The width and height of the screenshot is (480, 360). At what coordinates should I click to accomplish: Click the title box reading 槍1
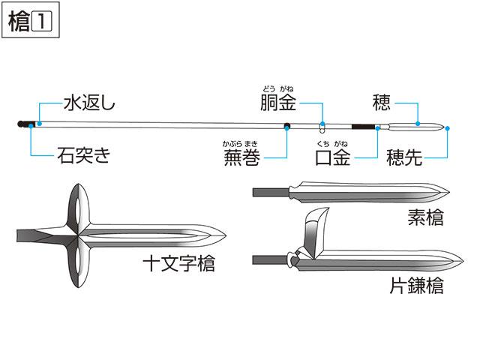click(30, 20)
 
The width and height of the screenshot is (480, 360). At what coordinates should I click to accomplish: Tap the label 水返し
click(89, 103)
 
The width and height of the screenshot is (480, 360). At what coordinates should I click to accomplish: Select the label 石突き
click(83, 155)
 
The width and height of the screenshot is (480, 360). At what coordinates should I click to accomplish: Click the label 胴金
click(278, 103)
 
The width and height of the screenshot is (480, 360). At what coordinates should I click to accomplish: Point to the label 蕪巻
click(241, 157)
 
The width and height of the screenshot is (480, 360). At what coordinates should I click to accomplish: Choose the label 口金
click(333, 157)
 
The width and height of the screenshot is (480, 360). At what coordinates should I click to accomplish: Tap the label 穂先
click(404, 157)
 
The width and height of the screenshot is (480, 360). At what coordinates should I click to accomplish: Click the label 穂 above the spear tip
click(382, 103)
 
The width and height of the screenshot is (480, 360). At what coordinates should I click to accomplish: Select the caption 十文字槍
click(179, 263)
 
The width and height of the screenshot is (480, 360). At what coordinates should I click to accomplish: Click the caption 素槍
click(425, 217)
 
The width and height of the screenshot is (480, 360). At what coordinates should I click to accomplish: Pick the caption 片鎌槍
click(417, 285)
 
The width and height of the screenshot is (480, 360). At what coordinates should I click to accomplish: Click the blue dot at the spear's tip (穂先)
click(447, 128)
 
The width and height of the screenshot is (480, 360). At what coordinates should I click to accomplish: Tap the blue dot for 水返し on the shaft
click(40, 123)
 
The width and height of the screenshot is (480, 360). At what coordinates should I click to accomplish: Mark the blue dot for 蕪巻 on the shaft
click(286, 128)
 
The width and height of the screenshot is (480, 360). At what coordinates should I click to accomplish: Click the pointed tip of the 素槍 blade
click(449, 193)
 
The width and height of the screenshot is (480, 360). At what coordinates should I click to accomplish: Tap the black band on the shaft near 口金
click(363, 127)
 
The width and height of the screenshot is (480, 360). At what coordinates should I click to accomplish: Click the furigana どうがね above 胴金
click(278, 89)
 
